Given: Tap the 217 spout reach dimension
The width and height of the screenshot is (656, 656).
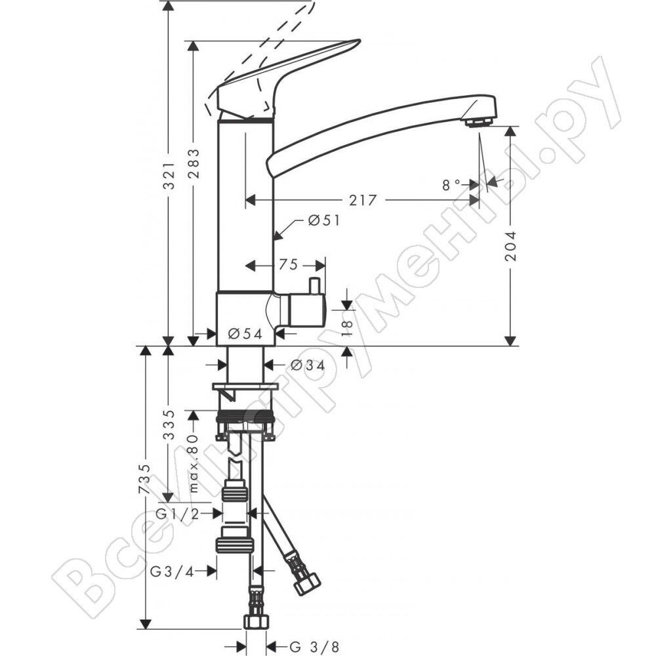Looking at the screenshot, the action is click(363, 200).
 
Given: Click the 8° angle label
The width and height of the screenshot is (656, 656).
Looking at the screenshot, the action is click(451, 184).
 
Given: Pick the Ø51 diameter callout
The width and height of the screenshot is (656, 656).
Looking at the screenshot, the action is click(325, 220).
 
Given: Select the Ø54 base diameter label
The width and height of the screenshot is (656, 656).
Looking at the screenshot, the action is click(245, 334).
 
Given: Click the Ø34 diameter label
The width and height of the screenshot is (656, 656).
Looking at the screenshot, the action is click(308, 365).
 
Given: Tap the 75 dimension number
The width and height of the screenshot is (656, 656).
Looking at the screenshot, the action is click(288, 265).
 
